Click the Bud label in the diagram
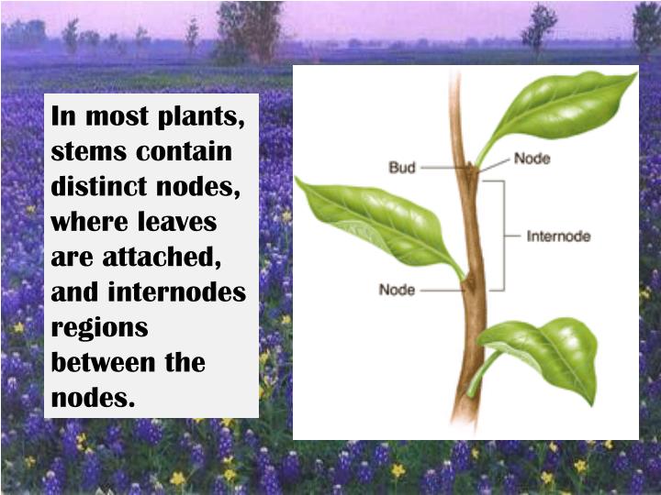click(403, 168)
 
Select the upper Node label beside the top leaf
click(532, 158)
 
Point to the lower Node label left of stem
click(398, 290)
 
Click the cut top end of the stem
click(454, 75)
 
